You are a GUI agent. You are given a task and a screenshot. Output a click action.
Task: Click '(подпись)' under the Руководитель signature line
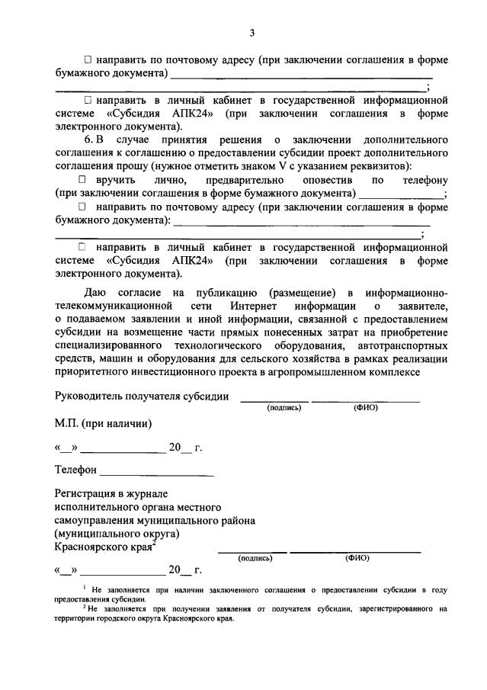[x=284, y=408]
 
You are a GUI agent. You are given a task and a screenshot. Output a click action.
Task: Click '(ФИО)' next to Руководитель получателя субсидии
[x=365, y=408]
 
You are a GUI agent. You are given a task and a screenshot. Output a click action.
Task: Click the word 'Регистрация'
[x=87, y=493]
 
